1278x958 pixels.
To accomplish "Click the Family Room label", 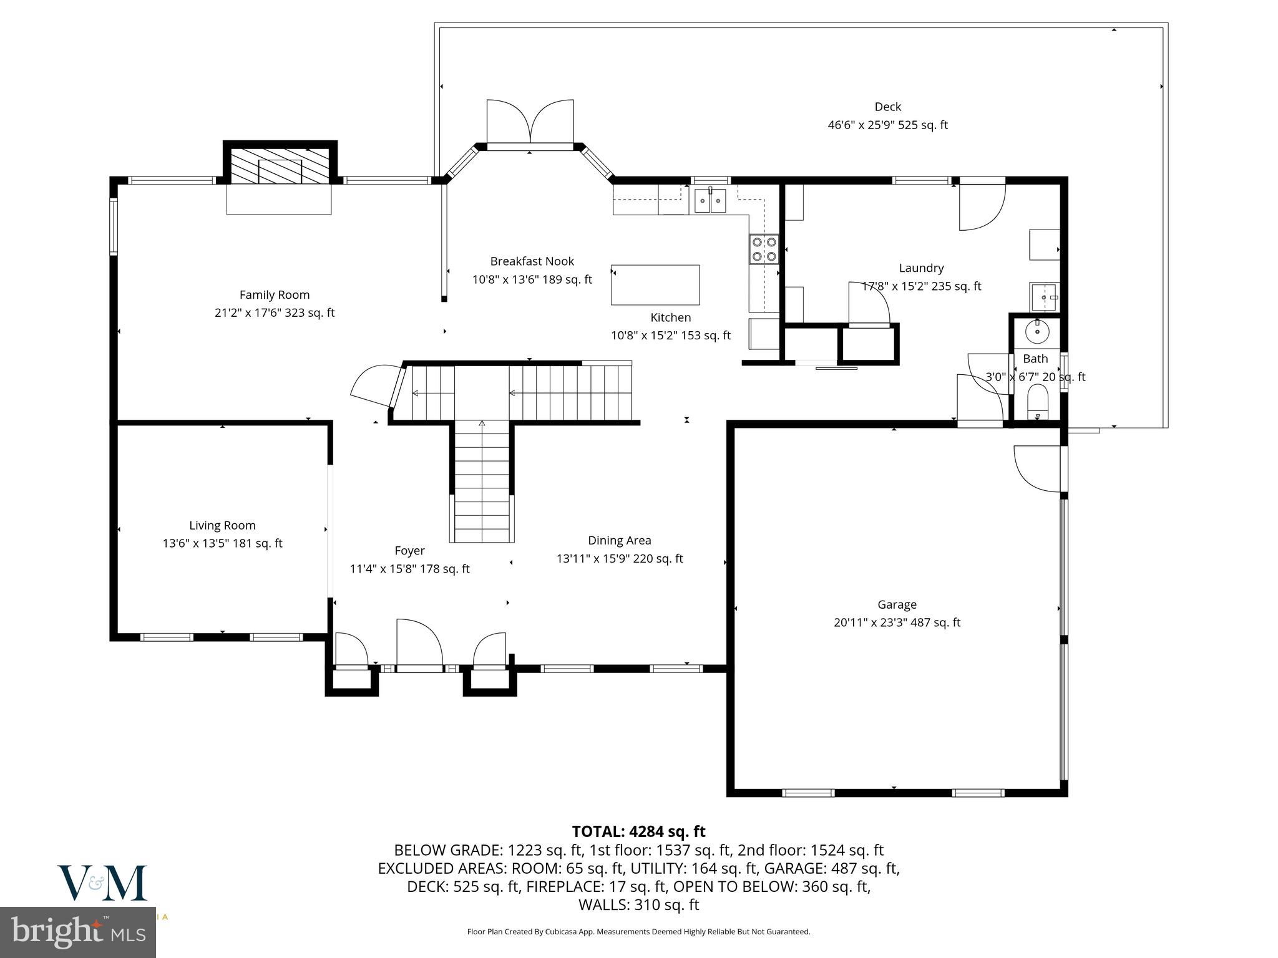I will [275, 294].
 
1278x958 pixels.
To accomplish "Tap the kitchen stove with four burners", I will [764, 249].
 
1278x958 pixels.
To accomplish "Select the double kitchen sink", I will [711, 201].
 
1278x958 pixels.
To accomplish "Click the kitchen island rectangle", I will [655, 284].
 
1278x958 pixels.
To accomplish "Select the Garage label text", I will [897, 604].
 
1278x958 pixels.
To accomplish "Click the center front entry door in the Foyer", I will [419, 644].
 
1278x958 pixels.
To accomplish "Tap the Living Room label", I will [222, 526].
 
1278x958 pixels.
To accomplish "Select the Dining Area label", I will [619, 541].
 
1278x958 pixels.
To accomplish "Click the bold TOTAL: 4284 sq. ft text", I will [638, 831].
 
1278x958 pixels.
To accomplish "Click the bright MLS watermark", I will [77, 931].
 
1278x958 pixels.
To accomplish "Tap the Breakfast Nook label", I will [532, 261].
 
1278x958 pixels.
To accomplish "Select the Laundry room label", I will [921, 268].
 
